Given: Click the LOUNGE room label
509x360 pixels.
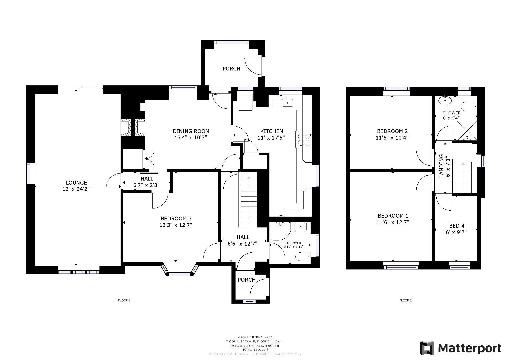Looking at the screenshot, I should [x=76, y=183].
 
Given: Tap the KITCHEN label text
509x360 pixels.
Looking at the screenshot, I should [x=271, y=131].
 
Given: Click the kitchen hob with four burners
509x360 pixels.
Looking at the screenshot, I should [x=303, y=139].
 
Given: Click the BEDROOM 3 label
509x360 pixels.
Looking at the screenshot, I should [x=175, y=219].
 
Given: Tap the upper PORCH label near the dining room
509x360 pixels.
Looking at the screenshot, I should [x=231, y=69].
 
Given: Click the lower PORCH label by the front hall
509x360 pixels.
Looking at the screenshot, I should [x=247, y=280].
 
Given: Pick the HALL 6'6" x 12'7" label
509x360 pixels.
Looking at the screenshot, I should [x=243, y=240].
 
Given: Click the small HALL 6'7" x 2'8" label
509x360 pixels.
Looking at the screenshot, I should [x=147, y=182].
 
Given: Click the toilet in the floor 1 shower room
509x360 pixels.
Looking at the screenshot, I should [x=302, y=257].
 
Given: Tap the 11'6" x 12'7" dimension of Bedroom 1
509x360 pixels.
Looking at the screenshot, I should [x=393, y=222].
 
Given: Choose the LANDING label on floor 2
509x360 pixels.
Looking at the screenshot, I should [x=442, y=166].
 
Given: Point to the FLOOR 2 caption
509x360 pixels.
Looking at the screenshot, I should [x=406, y=301].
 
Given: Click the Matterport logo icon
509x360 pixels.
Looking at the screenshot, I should [x=427, y=348].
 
